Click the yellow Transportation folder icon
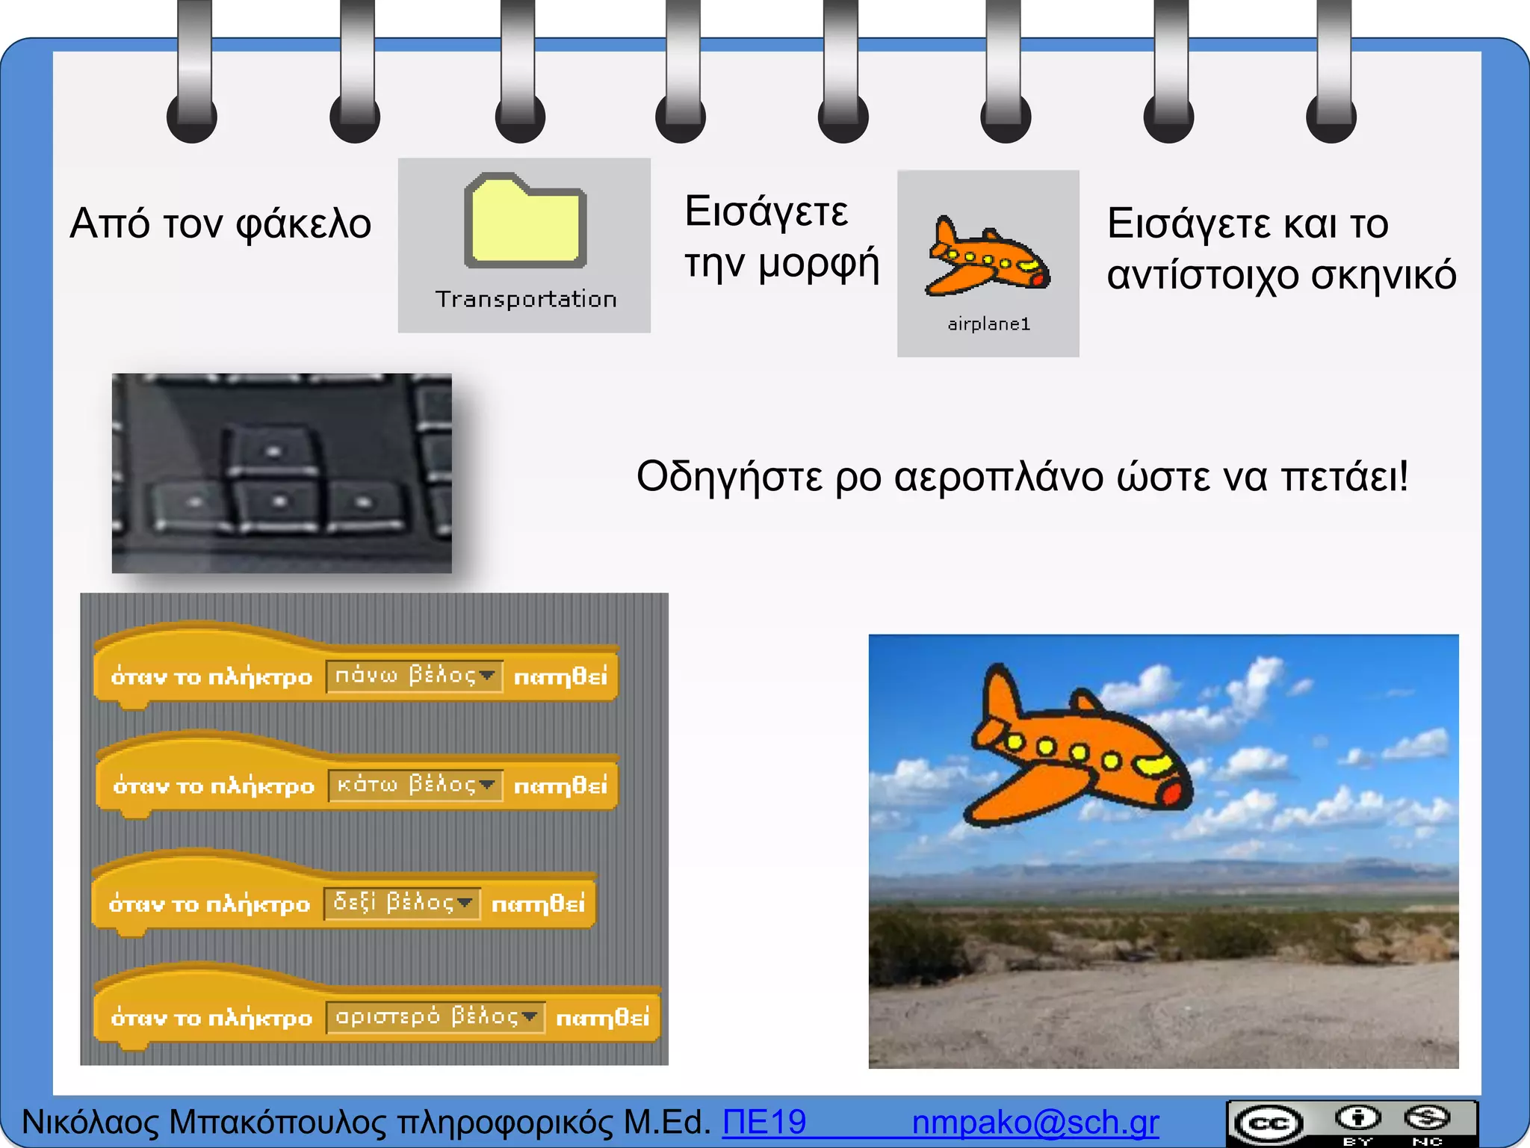tap(525, 221)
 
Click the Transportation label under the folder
tap(526, 300)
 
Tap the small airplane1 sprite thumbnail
tap(988, 256)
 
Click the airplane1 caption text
tap(988, 324)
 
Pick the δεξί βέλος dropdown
tap(402, 904)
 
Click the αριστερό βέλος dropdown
tap(436, 1017)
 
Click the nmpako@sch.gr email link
tap(1035, 1123)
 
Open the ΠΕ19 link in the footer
tap(764, 1123)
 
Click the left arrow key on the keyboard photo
tap(193, 502)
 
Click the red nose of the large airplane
tap(1173, 794)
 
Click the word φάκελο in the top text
tap(303, 223)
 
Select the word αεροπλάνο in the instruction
tap(999, 476)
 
